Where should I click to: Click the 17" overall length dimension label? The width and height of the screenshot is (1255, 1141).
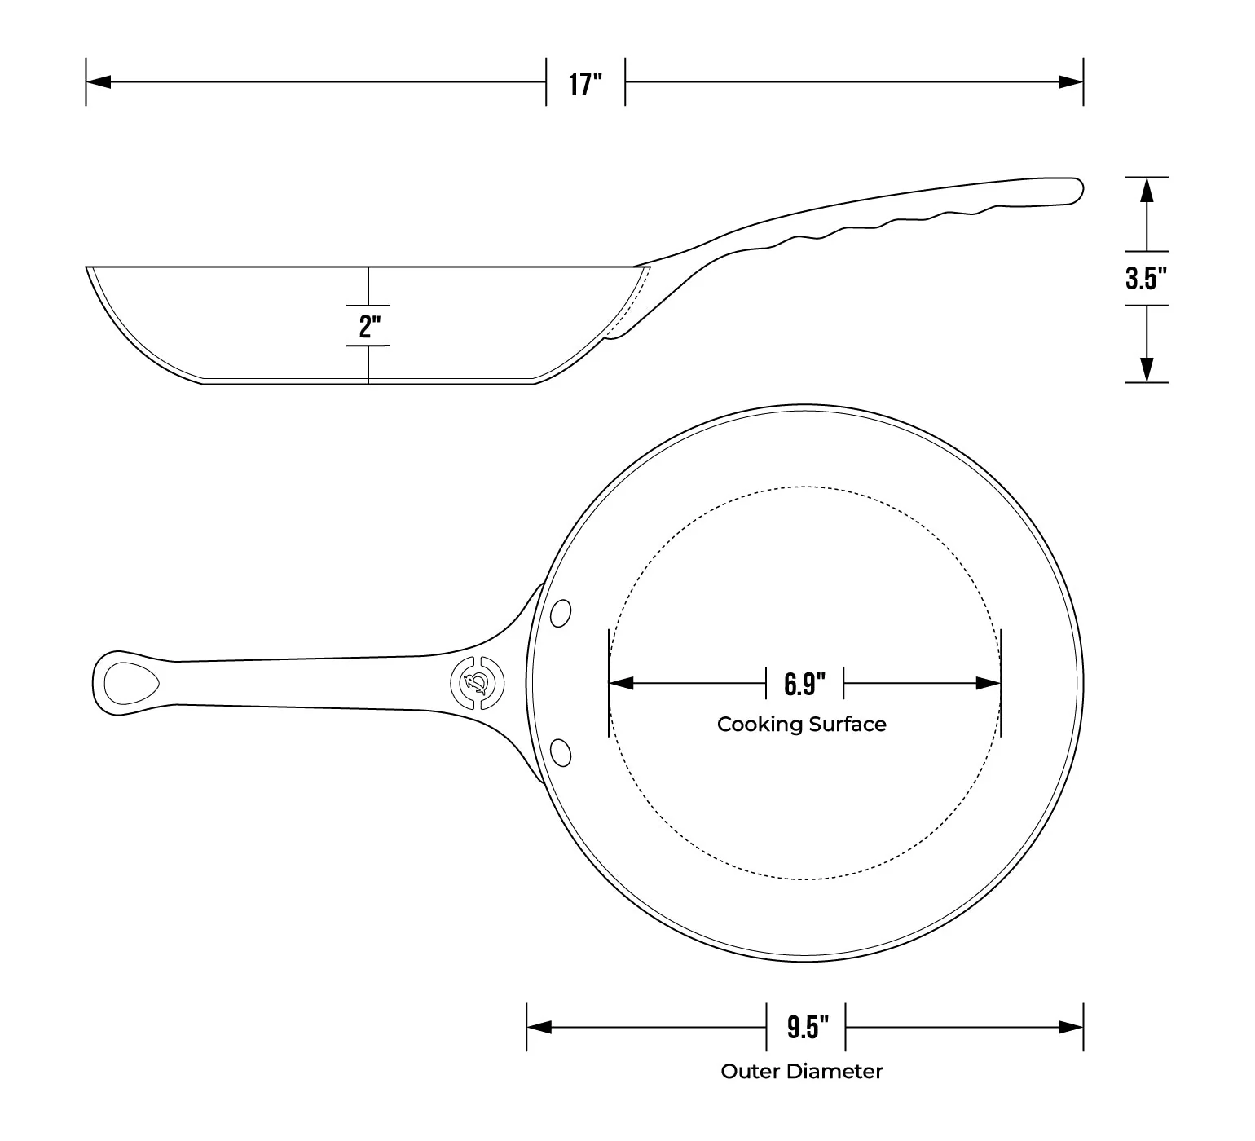coord(585,84)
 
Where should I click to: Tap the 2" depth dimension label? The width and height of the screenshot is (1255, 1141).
coord(370,327)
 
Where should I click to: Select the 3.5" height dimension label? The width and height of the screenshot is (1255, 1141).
coord(1146,279)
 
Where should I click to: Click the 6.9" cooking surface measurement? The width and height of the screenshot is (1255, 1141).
coord(805,684)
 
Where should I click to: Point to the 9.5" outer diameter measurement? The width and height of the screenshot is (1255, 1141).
coord(807,1028)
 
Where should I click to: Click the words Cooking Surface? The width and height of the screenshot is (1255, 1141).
coord(802,725)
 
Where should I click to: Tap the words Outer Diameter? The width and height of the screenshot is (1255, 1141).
coord(802,1071)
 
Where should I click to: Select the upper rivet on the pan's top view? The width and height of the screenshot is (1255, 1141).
coord(561,614)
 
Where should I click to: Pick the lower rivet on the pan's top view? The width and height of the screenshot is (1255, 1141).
coord(561,751)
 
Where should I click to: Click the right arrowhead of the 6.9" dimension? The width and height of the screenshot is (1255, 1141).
coord(989,683)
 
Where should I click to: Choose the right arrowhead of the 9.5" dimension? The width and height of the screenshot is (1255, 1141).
coord(1071,1027)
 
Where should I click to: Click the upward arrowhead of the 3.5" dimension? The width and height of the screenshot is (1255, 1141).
coord(1147,191)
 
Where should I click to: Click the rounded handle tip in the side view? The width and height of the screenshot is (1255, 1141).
coord(1074,189)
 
